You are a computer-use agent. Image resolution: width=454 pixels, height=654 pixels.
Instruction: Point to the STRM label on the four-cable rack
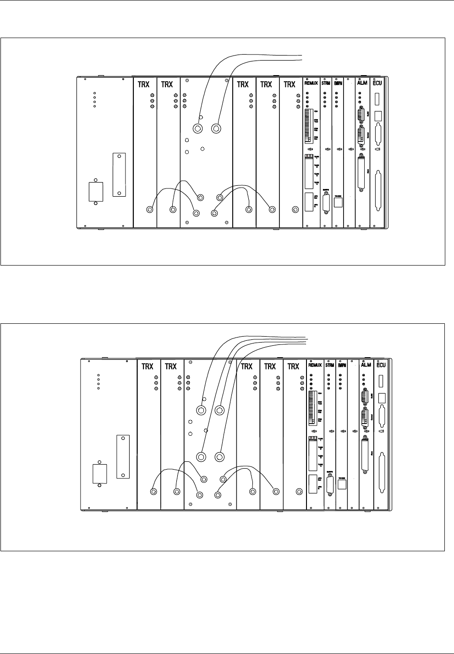329,366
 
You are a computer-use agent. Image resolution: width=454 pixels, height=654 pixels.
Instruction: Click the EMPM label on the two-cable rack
338,84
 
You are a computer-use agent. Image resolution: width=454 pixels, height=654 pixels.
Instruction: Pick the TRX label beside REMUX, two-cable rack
290,84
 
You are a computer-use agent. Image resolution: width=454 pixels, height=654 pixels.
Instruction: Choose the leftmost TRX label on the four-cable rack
148,366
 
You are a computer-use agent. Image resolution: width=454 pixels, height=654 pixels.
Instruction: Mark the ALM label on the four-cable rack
366,366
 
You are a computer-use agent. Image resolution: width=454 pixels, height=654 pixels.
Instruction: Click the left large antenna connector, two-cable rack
198,128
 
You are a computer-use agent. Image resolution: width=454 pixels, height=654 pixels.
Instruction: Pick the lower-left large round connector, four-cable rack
201,456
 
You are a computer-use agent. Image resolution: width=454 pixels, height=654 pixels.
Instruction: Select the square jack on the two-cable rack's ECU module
378,115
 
